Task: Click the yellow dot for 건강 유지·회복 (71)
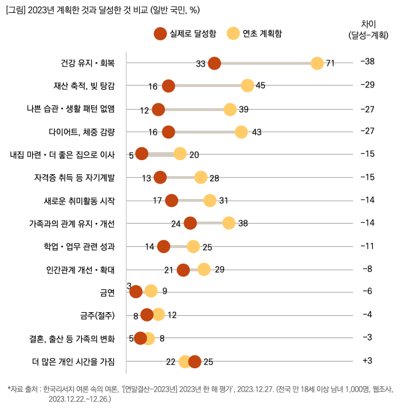coord(317,63)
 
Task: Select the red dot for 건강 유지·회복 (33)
coord(214,63)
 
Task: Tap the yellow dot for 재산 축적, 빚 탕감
coord(248,86)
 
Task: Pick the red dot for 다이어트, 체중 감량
coord(168,132)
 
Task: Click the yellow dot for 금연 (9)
coord(151,291)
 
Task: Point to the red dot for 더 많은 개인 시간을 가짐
coord(195,361)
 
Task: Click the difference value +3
coord(368,360)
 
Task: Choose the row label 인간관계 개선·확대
coord(80,269)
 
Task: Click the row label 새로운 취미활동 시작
coord(79,200)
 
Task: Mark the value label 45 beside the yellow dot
coord(260,86)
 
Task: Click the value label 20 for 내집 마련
coord(194,155)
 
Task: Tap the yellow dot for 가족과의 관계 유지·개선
coord(229,223)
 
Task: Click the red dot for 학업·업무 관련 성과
coord(164,246)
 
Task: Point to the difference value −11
coord(367,246)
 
